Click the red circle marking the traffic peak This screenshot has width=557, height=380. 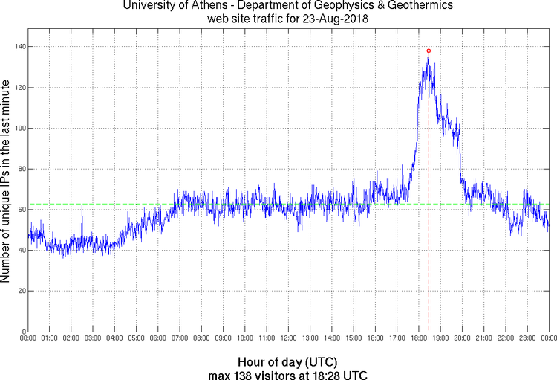(x=429, y=51)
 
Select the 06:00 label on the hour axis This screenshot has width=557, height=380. (x=158, y=338)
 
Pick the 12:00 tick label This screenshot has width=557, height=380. (x=288, y=338)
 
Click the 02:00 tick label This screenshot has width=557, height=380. (x=71, y=338)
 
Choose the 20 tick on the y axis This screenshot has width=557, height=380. (x=21, y=291)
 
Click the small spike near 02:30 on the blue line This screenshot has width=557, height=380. (x=82, y=207)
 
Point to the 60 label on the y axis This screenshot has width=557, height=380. (x=21, y=210)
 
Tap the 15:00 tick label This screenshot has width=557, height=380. (x=354, y=338)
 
